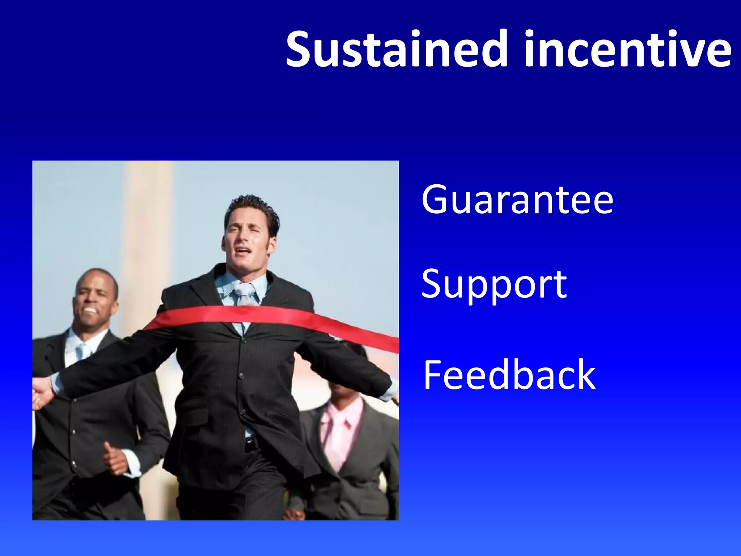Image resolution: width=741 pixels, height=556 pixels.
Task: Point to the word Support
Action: tap(494, 285)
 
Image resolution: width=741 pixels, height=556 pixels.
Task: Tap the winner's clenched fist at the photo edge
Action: tap(41, 393)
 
